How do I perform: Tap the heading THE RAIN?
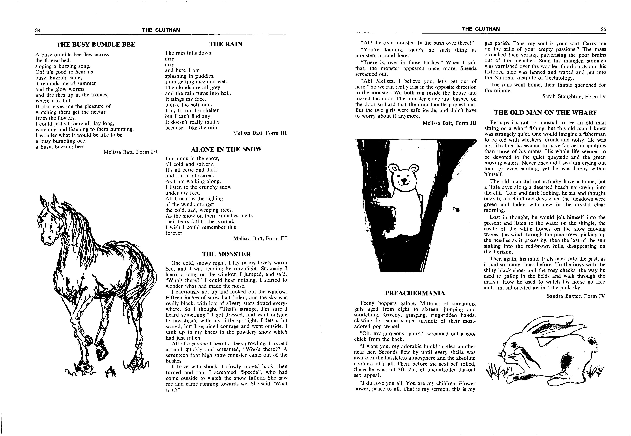coord(226,44)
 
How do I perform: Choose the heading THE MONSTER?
coord(226,254)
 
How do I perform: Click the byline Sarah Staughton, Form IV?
coord(574,96)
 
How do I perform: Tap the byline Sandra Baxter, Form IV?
coord(576,296)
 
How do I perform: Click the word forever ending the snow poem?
coord(174,233)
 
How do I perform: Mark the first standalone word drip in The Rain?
coord(170,59)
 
